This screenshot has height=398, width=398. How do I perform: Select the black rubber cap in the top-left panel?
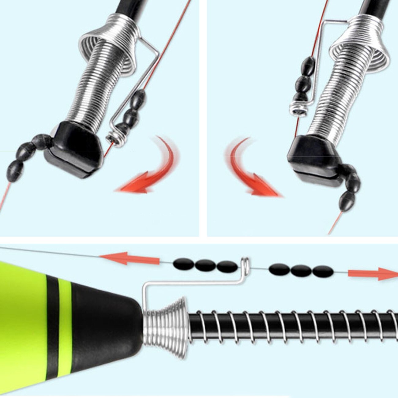tap(73, 150)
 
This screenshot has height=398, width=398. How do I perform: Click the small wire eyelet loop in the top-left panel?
tap(113, 139)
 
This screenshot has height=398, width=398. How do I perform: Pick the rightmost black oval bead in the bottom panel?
tap(323, 271)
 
